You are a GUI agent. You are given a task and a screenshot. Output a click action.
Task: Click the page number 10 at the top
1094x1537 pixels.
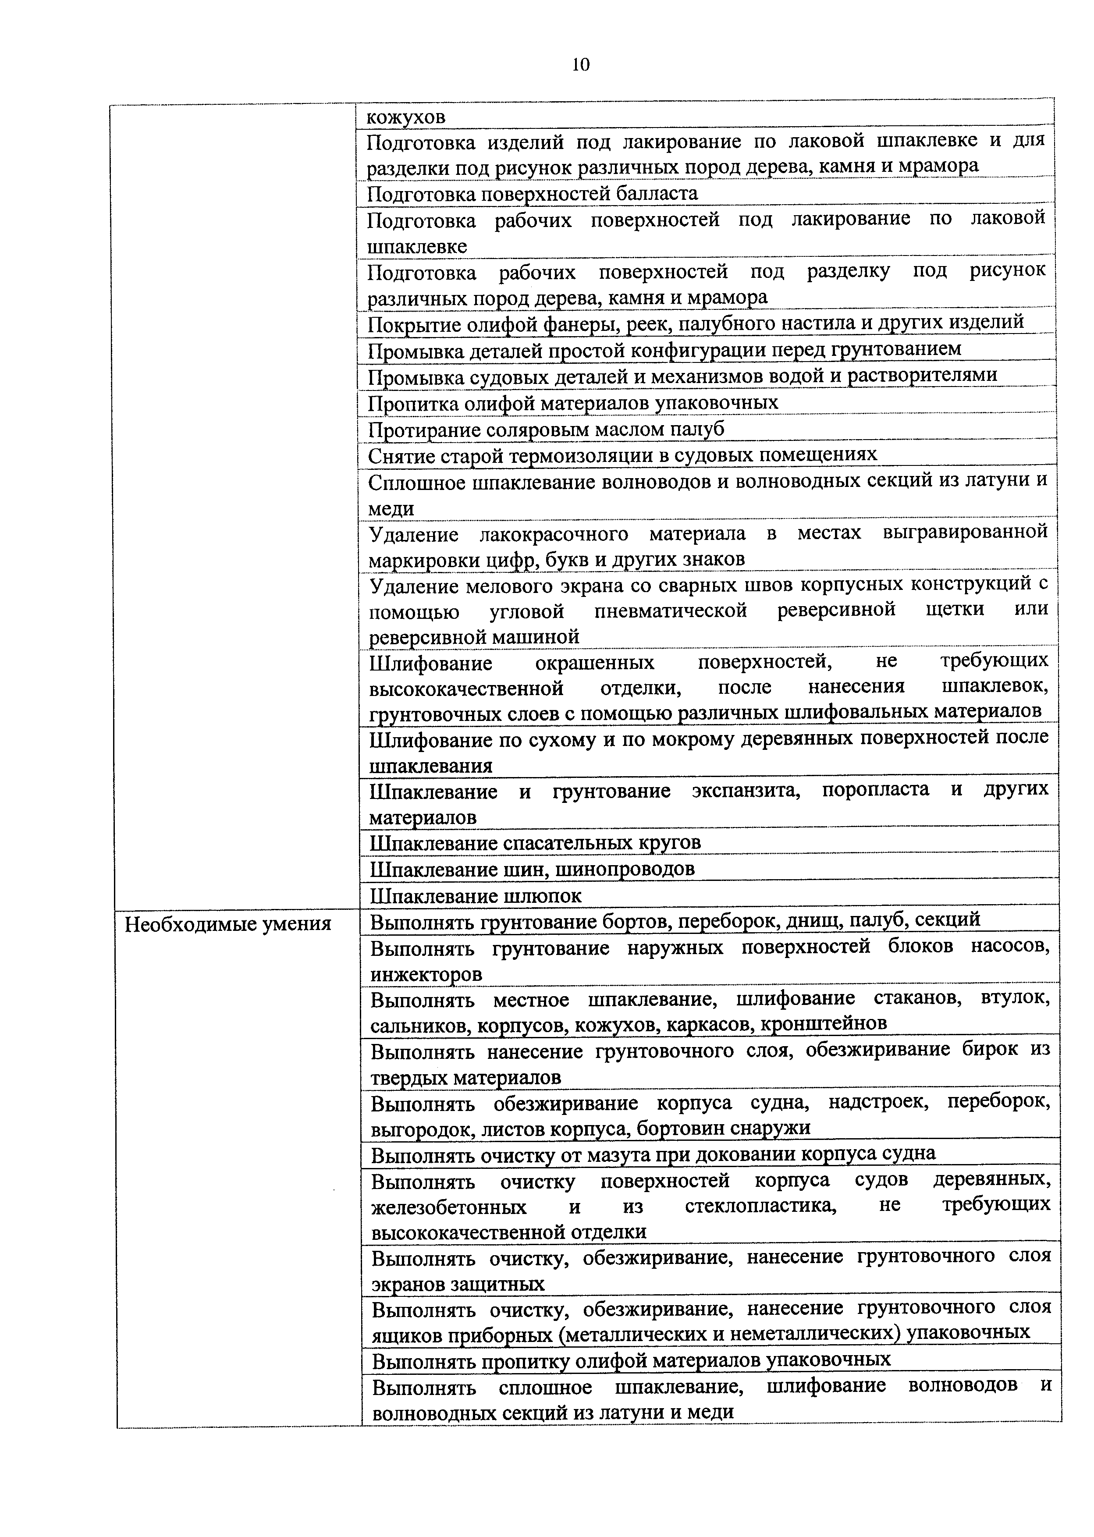(x=581, y=65)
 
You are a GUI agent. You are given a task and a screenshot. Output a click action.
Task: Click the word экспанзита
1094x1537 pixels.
(x=746, y=791)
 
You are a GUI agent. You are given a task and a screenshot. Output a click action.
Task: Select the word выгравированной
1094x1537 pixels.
(x=965, y=533)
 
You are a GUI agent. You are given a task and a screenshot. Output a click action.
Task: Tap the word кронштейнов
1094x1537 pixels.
(x=823, y=1024)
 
